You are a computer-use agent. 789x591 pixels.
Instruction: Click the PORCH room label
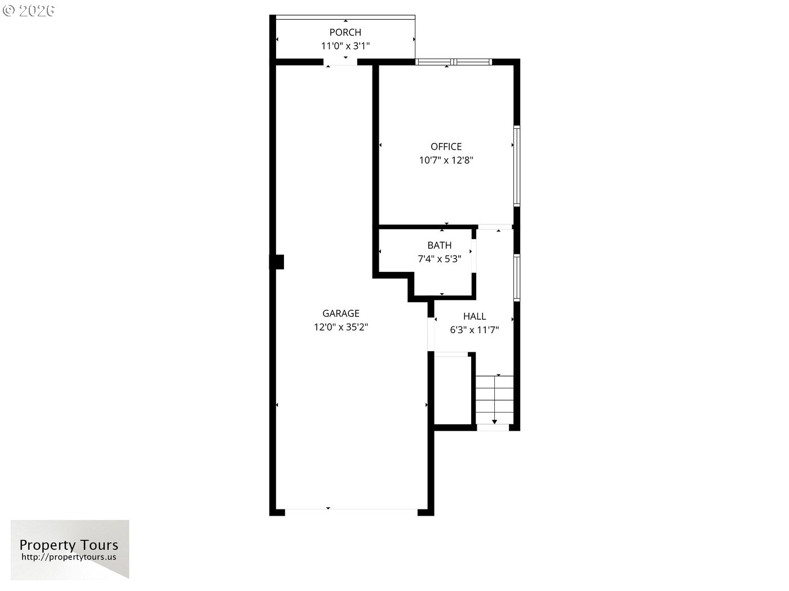tap(345, 32)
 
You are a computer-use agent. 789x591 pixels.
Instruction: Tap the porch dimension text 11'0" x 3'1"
tap(345, 46)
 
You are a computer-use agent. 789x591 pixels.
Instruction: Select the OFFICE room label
tap(446, 146)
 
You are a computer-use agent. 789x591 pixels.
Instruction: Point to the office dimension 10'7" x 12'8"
tap(446, 160)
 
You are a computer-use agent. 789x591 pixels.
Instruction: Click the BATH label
tap(439, 245)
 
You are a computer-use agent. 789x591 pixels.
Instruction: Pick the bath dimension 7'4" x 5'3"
tap(439, 259)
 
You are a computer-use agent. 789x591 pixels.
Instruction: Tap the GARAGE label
tap(341, 314)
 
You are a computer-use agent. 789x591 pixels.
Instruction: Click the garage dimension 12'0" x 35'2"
tap(341, 327)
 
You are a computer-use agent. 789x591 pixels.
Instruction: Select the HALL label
tap(475, 316)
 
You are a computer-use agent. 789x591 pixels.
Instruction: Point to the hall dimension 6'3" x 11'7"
tap(475, 330)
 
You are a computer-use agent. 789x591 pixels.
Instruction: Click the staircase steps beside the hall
tap(495, 400)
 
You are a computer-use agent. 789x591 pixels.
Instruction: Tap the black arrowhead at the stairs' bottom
tap(495, 422)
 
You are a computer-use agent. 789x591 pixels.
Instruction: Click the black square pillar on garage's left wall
tap(277, 262)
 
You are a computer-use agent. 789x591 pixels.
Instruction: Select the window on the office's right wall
tap(517, 166)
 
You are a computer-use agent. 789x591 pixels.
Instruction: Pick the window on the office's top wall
tap(454, 62)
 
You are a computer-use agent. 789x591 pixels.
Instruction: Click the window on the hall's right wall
tap(517, 277)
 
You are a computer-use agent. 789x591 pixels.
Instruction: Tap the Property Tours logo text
tap(69, 545)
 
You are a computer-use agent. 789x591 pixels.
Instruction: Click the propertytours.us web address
tap(69, 557)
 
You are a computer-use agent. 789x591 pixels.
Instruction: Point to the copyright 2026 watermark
tap(28, 11)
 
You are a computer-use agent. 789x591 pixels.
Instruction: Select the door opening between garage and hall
tap(431, 334)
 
